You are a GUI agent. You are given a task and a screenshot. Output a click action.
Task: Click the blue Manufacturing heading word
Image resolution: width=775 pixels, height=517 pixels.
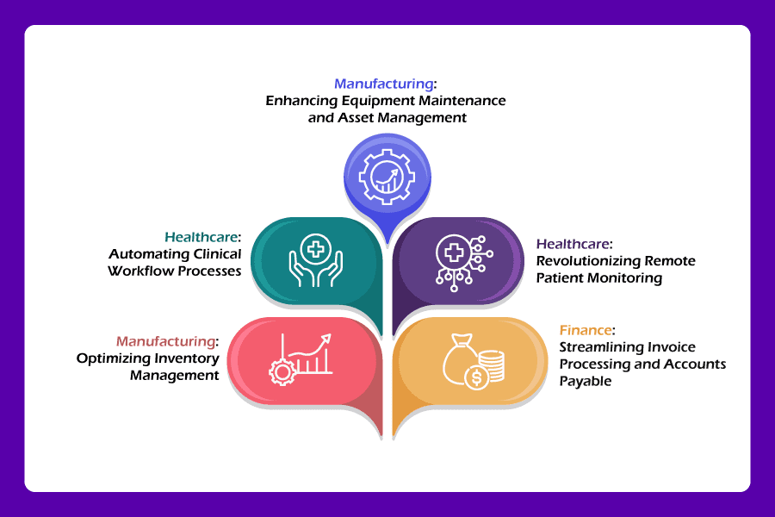[x=383, y=84]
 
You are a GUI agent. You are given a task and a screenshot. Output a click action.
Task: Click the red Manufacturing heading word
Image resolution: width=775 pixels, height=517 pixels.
[x=166, y=341]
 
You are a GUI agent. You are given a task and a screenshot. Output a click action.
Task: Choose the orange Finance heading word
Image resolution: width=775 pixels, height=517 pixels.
[x=586, y=330]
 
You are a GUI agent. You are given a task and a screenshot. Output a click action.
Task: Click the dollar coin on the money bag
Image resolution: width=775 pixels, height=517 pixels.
[x=474, y=377]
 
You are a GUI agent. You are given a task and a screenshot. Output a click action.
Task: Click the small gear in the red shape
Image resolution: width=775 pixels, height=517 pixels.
[x=281, y=371]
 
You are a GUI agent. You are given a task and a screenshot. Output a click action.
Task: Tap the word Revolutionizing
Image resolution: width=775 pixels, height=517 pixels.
[x=589, y=261]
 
